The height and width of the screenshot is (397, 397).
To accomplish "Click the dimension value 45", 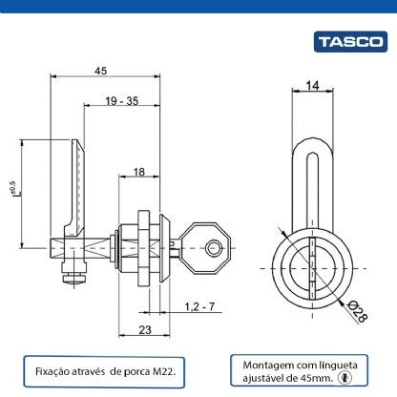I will coord(100,70).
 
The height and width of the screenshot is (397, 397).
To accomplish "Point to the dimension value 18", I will coord(139,171).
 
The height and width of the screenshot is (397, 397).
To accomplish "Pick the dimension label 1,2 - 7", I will coord(200,305).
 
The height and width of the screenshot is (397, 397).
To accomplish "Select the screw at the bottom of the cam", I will coord(73,278).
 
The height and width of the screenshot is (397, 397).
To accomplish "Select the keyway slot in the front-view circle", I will coord(313,262).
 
